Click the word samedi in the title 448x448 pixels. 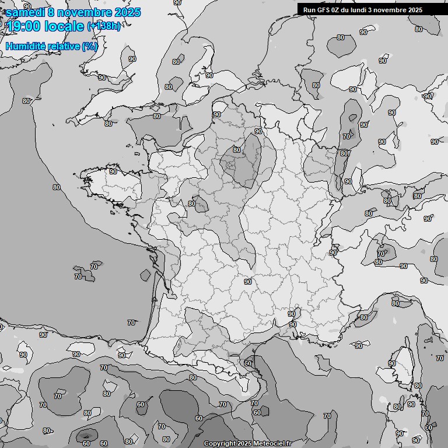pos(23,12)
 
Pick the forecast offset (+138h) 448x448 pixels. pos(104,26)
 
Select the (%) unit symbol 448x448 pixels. pos(90,46)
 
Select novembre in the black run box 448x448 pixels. pos(393,9)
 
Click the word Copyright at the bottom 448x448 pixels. pos(219,444)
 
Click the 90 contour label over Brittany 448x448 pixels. pos(113,171)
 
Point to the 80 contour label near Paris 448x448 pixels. pos(236,149)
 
